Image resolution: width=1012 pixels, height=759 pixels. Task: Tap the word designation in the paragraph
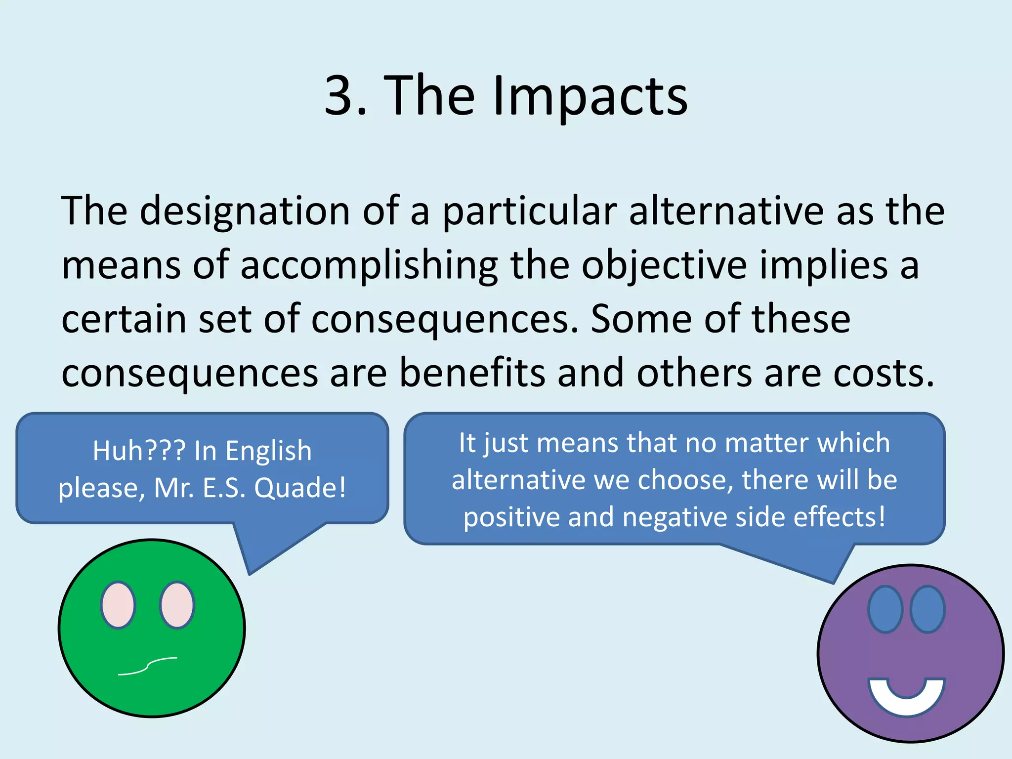(x=245, y=211)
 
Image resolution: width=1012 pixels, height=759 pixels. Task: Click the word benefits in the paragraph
(x=472, y=373)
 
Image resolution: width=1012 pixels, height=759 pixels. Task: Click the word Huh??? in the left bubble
(x=139, y=451)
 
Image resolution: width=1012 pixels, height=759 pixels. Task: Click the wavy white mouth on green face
(x=148, y=667)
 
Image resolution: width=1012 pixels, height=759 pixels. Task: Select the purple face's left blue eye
(x=885, y=609)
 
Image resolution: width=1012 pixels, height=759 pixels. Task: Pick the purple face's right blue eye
(x=928, y=609)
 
